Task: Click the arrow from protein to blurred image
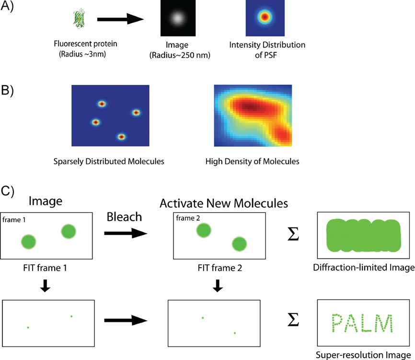point(120,20)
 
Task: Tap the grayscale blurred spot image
point(177,19)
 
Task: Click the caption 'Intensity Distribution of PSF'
point(267,49)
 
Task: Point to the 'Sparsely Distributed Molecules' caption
point(109,162)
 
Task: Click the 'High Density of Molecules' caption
point(252,162)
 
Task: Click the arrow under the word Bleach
point(125,233)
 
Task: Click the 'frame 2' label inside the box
point(185,218)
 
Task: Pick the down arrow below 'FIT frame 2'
point(218,286)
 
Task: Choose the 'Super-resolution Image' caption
point(365,355)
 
